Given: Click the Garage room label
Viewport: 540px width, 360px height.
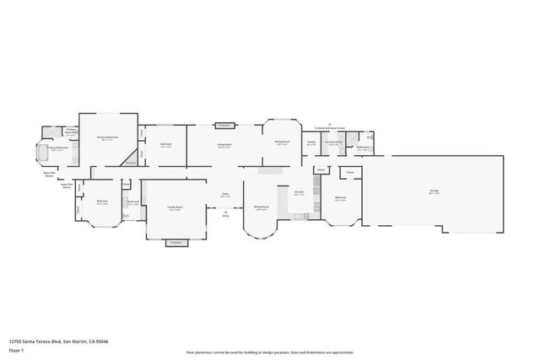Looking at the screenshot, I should click(x=434, y=192).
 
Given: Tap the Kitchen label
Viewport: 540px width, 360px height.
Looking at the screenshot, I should click(x=299, y=193).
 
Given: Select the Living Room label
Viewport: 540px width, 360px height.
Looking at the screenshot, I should click(x=224, y=145).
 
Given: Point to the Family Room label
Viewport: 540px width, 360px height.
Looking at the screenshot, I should click(x=175, y=207).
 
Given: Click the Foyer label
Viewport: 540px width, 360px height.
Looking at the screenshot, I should click(x=225, y=195).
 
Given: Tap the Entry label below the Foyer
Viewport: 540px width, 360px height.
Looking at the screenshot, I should click(x=225, y=216).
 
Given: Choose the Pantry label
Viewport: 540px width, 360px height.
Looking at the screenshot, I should click(x=311, y=142).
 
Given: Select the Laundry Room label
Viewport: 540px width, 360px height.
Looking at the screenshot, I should click(x=333, y=142).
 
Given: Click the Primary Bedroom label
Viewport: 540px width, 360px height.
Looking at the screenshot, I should click(x=106, y=137).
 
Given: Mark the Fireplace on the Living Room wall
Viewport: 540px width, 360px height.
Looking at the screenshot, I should click(x=224, y=125).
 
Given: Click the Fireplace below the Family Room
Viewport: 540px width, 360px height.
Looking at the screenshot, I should click(x=176, y=243).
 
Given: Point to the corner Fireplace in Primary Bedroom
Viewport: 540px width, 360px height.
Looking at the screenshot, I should click(x=131, y=160).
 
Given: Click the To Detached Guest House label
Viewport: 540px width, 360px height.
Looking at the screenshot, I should click(x=330, y=127).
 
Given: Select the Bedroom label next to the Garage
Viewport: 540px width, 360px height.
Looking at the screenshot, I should click(x=342, y=200).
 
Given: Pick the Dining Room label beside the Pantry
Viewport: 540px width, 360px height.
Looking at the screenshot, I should click(x=282, y=142).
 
